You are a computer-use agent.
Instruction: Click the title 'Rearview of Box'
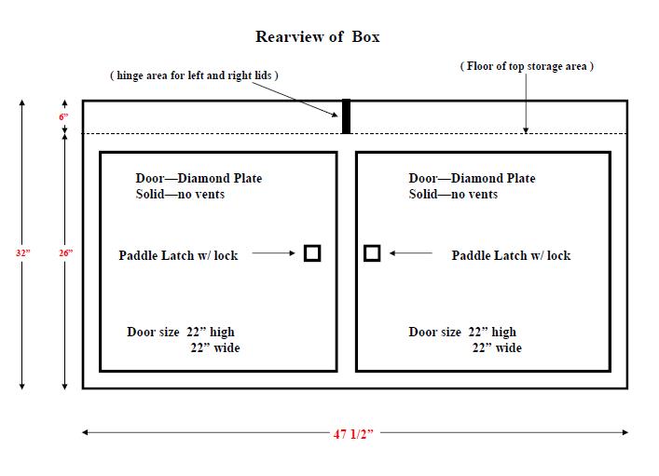(x=317, y=37)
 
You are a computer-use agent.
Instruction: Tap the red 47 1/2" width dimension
(x=353, y=433)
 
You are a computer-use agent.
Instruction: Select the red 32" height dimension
(x=23, y=253)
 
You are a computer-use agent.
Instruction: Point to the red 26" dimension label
(x=65, y=253)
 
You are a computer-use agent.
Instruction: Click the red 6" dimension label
(x=63, y=116)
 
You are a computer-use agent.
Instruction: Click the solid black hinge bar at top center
(x=346, y=116)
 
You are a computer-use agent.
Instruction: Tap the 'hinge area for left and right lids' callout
(x=194, y=75)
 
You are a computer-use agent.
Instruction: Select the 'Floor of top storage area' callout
(x=527, y=66)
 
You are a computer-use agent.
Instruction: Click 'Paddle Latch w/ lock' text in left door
(x=178, y=255)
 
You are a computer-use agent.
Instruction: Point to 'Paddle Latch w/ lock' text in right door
(x=511, y=255)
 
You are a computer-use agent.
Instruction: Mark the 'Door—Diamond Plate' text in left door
(x=199, y=178)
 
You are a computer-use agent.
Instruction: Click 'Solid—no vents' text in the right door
(x=453, y=194)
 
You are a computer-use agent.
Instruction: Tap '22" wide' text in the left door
(x=215, y=347)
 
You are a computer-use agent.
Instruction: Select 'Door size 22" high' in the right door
(x=462, y=332)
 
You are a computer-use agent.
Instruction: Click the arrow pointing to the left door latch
(x=274, y=253)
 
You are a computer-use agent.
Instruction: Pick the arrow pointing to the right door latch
(x=411, y=253)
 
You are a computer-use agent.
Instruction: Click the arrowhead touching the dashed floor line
(x=526, y=130)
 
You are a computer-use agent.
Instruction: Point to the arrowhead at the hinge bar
(x=335, y=115)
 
